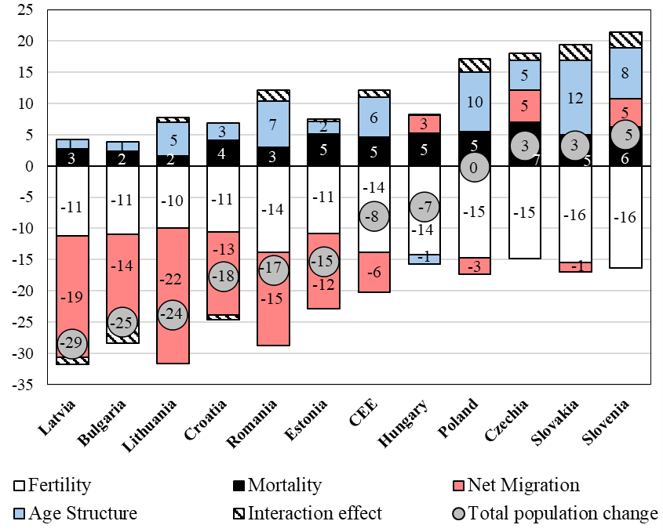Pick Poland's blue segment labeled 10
474,102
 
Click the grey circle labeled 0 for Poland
474,167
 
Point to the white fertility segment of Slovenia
625,217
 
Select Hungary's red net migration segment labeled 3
424,124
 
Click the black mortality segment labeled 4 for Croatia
223,153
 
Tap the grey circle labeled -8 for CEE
373,217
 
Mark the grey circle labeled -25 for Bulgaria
122,322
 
